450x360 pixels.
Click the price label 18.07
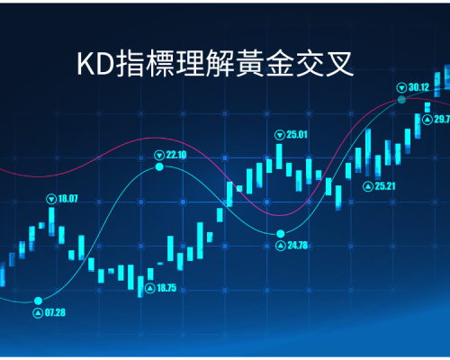coord(67,199)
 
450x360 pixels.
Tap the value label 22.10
coord(176,155)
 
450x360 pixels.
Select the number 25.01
coord(297,135)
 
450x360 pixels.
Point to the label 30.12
coord(418,87)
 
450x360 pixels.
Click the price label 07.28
coord(55,312)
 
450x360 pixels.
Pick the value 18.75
coord(166,288)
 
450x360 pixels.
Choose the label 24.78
coord(298,246)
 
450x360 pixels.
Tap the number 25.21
coord(385,186)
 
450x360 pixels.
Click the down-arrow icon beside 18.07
coord(51,199)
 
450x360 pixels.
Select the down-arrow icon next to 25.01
coord(280,135)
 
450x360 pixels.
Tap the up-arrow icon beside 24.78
coord(281,246)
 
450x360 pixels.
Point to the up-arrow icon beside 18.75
coord(150,288)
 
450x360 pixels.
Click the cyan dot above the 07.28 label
coord(38,301)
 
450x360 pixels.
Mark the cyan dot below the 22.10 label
coord(159,166)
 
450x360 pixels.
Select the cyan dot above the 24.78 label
coord(281,233)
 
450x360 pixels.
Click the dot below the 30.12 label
coord(401,100)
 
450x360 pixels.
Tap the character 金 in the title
coord(280,63)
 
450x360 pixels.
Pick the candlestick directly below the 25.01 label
coord(279,157)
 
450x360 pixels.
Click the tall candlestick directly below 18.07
coord(51,221)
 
